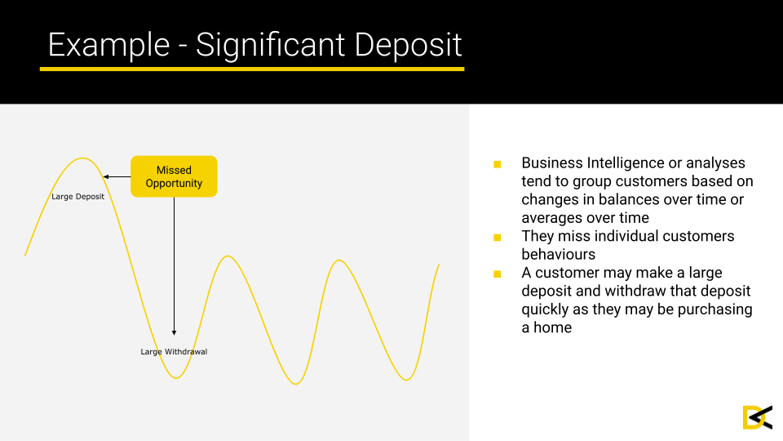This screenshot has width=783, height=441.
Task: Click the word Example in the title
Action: click(108, 46)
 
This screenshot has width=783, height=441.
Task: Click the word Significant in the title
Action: click(270, 46)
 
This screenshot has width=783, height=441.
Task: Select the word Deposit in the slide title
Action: click(408, 46)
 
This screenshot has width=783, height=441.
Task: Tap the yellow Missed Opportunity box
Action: click(174, 176)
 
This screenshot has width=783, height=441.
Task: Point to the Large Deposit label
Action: click(78, 197)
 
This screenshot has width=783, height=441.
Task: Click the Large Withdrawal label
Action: click(174, 351)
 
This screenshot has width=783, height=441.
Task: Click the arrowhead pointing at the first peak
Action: click(105, 176)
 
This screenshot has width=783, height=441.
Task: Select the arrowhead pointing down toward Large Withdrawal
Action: click(175, 332)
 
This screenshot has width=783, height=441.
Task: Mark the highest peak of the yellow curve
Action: click(82, 158)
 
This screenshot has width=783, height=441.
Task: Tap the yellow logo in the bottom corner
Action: click(758, 417)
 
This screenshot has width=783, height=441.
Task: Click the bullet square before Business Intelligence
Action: click(497, 164)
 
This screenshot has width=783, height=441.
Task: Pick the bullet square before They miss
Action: click(497, 237)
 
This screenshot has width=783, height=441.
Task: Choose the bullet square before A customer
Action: click(497, 274)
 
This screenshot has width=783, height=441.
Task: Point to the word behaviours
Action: click(558, 254)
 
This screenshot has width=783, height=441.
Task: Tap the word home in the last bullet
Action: click(552, 327)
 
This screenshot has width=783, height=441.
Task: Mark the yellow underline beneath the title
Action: click(252, 69)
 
